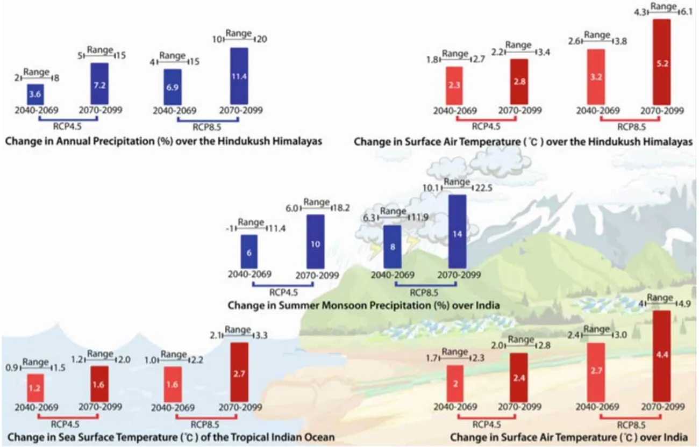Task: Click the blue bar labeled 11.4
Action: [x=239, y=76]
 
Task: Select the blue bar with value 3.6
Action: [x=35, y=94]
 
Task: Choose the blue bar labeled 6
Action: [x=249, y=251]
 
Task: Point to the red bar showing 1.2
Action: [x=35, y=387]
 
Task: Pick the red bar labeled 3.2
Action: [x=596, y=76]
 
